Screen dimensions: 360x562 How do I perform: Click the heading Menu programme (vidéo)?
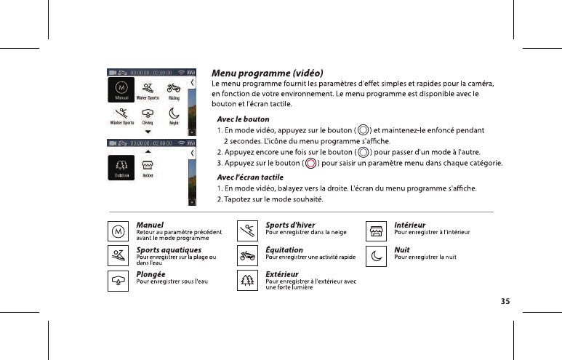267,73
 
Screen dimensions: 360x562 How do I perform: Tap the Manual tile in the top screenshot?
122,90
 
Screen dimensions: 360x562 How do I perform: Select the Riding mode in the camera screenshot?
174,90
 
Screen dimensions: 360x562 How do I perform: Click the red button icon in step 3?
311,163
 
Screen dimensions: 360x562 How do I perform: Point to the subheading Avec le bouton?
244,119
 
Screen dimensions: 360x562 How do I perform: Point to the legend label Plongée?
151,274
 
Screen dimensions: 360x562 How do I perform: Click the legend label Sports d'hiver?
290,225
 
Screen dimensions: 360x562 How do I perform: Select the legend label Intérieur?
409,225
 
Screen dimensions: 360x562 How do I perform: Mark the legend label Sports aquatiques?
169,250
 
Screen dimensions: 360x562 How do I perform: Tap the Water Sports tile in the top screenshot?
148,90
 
